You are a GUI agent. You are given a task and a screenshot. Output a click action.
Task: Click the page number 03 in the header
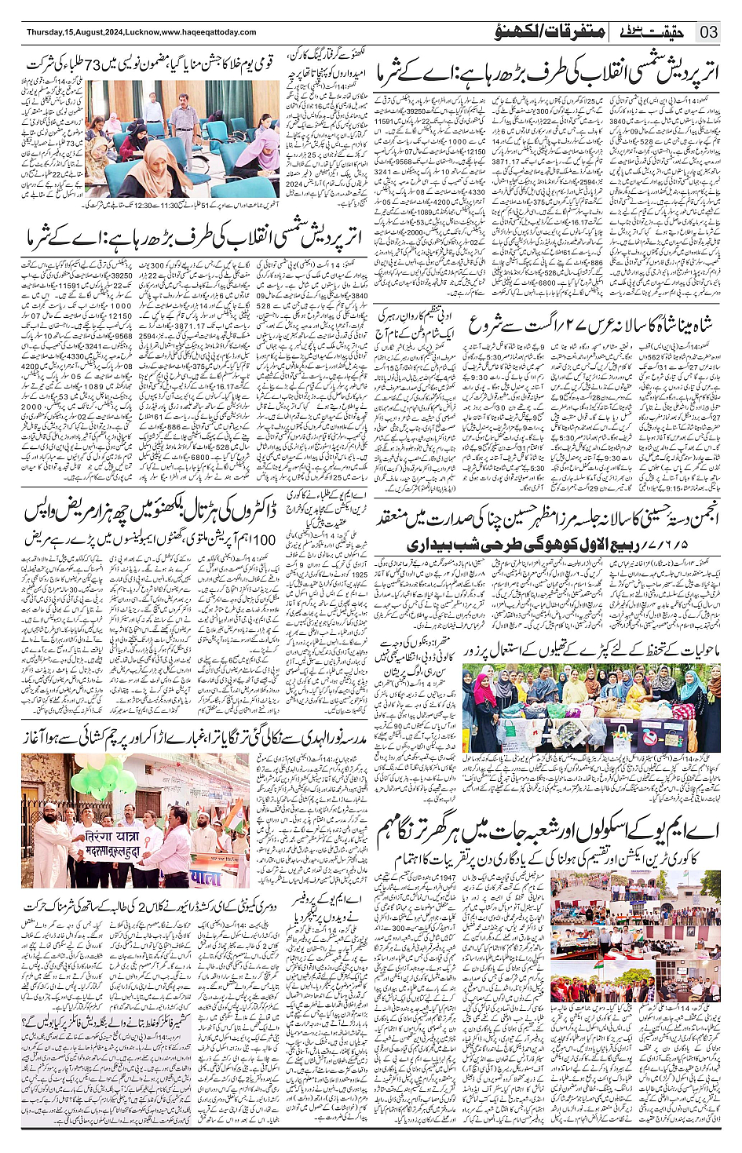[709, 32]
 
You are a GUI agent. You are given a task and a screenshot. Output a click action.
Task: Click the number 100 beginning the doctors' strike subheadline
[264, 539]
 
